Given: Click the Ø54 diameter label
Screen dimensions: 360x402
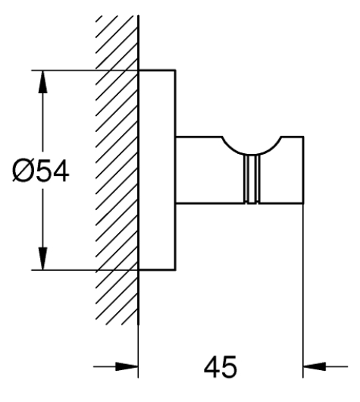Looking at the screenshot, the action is pos(41,171).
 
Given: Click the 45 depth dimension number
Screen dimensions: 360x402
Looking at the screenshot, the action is pos(221,366).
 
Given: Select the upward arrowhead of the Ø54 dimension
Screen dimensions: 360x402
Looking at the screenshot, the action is pos(42,81).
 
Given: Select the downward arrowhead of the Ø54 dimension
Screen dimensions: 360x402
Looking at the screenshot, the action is pos(42,259).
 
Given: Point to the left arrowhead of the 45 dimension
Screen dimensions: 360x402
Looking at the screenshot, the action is pos(127,366).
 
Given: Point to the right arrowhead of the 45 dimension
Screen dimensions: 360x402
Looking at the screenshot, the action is pos(315,366).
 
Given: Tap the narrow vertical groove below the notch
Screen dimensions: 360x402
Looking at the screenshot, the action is pos(252,180).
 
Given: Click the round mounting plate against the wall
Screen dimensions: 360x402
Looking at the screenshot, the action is pos(157,170).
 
